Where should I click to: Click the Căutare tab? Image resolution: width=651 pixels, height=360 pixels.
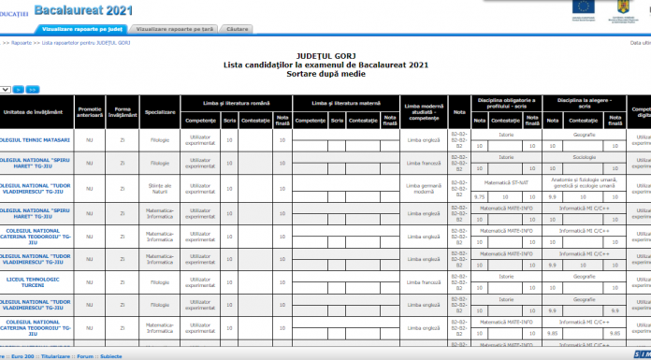(x=238, y=30)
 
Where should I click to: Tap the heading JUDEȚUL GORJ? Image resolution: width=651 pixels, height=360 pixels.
(x=325, y=57)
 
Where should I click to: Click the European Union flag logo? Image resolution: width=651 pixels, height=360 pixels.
(x=582, y=8)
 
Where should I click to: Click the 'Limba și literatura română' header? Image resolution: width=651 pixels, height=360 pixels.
(x=243, y=101)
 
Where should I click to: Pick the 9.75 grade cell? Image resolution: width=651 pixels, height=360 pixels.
(x=479, y=197)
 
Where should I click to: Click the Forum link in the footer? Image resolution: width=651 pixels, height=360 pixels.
(x=85, y=355)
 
